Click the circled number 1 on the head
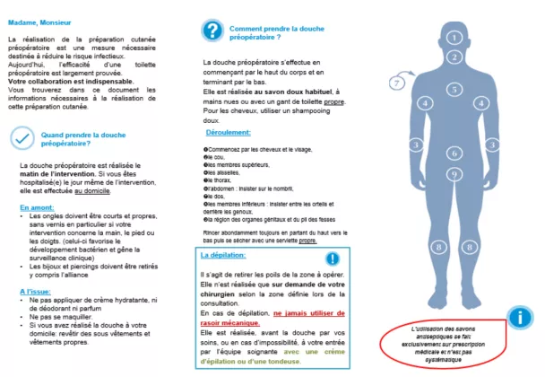[455, 39]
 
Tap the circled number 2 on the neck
[455, 66]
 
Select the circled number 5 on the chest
[455, 90]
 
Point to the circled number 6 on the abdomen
[455, 153]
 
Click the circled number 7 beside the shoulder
[397, 83]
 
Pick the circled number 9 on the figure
[455, 174]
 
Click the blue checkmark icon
[22, 138]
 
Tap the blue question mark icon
[212, 31]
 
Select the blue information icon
[517, 317]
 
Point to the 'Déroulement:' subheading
[225, 133]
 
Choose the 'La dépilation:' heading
[225, 256]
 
